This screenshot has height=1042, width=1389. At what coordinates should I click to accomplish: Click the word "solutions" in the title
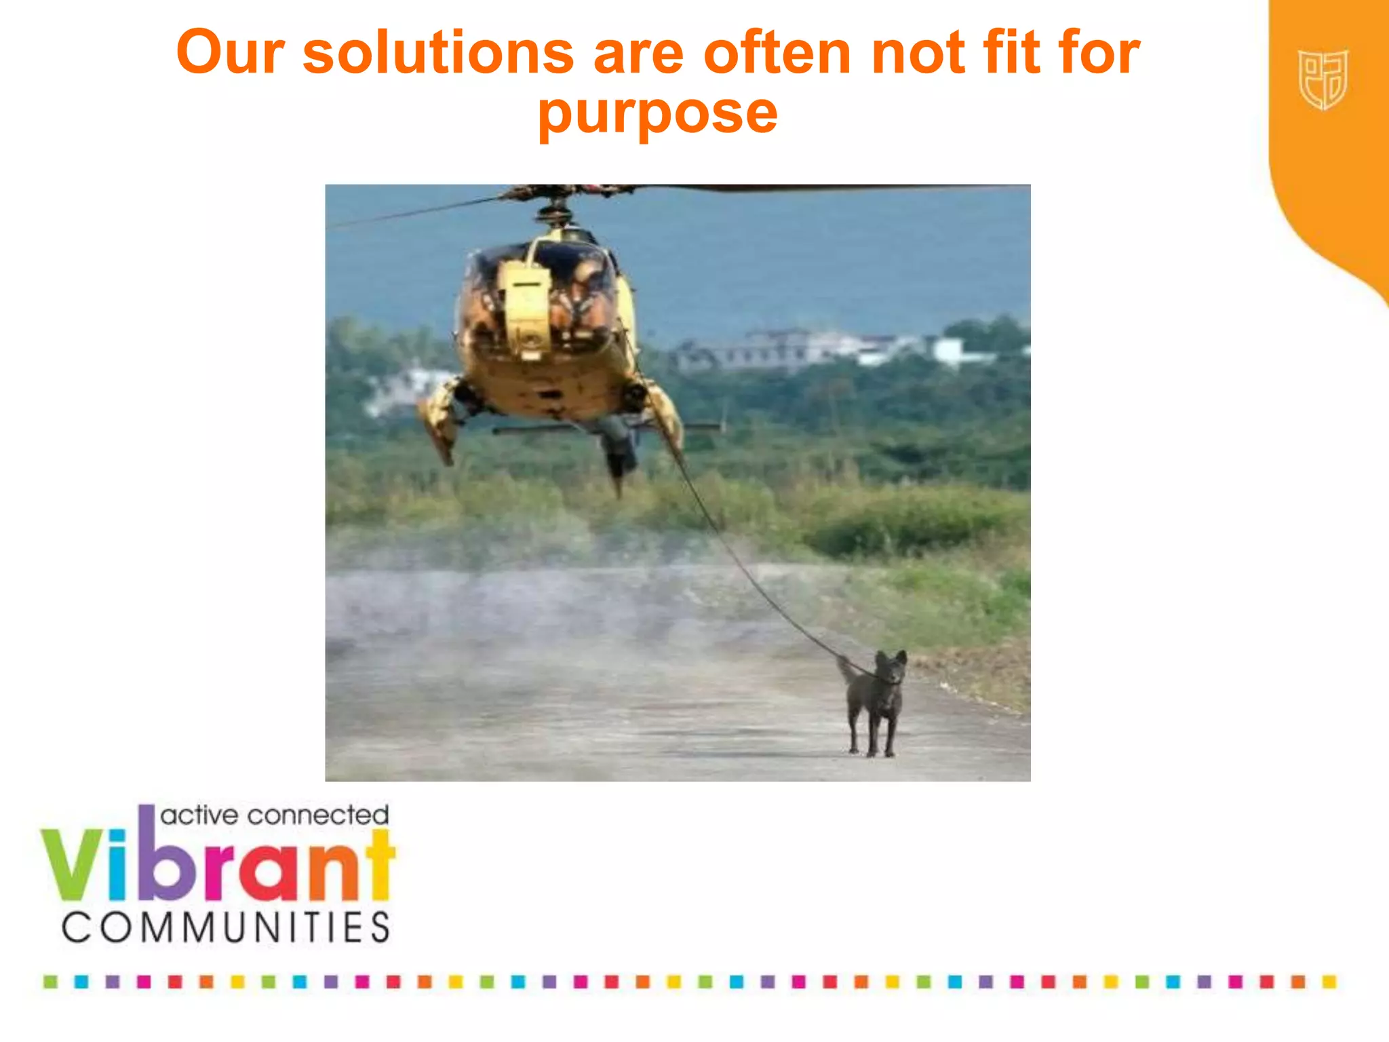pos(438,54)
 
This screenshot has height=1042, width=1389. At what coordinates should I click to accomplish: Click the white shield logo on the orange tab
pos(1323,79)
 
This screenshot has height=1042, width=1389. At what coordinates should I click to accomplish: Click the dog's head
pos(890,668)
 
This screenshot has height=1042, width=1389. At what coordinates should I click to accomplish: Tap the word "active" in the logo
pos(199,815)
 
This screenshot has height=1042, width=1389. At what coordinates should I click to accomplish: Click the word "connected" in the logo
pos(318,815)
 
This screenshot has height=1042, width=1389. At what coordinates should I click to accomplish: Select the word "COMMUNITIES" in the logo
pos(226,927)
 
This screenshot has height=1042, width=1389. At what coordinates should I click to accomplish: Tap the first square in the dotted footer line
pos(50,982)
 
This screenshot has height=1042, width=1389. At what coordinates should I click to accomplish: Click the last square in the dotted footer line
pos(1329,982)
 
